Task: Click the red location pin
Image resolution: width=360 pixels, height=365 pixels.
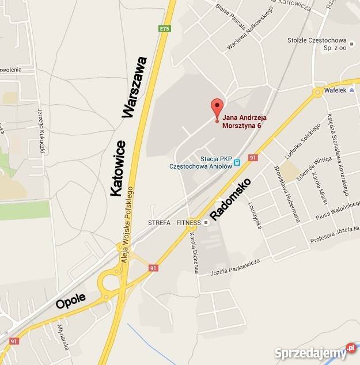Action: (217, 108)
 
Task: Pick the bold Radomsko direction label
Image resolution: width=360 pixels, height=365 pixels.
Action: (230, 200)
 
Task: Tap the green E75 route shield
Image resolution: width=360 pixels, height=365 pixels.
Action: (165, 29)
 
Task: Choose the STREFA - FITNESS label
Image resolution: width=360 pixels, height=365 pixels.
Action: (174, 222)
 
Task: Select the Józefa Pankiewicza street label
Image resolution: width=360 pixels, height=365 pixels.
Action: (236, 266)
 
